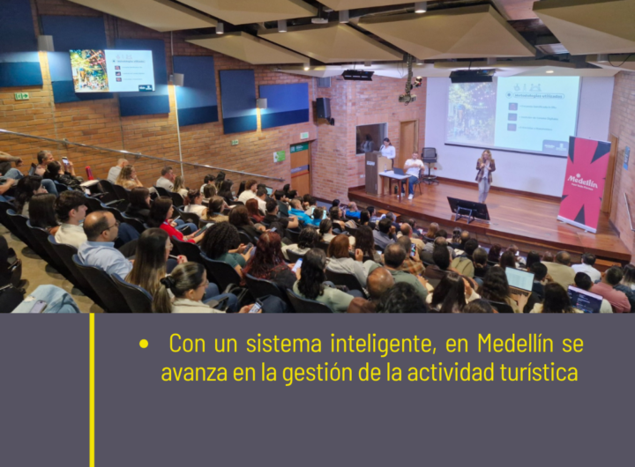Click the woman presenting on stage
[485, 174]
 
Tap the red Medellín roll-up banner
[584, 183]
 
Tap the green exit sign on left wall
[21, 96]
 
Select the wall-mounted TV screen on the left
[112, 70]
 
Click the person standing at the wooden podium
[387, 152]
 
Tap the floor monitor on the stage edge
[468, 209]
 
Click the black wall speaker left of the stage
[323, 108]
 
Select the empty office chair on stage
[430, 163]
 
